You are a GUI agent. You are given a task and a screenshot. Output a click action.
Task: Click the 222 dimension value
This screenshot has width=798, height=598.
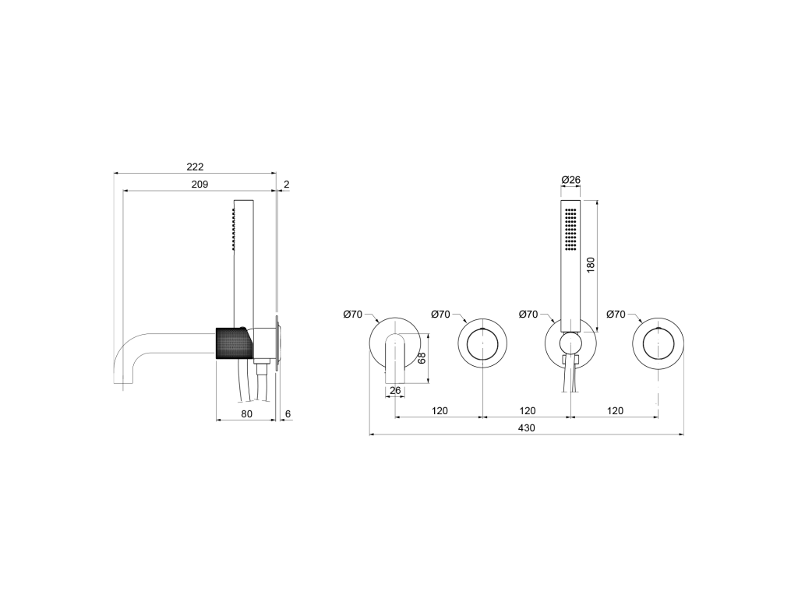[x=195, y=167]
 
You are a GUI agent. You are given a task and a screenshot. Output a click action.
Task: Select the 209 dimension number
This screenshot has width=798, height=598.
[x=199, y=184]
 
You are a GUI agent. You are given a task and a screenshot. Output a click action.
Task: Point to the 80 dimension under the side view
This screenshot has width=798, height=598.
[x=246, y=414]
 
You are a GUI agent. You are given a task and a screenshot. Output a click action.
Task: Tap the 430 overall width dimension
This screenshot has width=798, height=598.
[x=527, y=428]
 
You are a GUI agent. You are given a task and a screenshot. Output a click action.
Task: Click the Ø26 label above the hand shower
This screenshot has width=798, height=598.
[x=570, y=180]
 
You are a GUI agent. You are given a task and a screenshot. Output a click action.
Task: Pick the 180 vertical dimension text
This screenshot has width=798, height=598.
[x=591, y=265]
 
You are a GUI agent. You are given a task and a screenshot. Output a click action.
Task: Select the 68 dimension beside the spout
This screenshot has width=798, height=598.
[x=422, y=358]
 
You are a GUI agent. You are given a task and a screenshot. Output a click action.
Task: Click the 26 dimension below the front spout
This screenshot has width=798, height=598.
[x=395, y=391]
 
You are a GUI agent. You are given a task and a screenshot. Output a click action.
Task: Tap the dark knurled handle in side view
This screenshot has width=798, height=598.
[x=234, y=343]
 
